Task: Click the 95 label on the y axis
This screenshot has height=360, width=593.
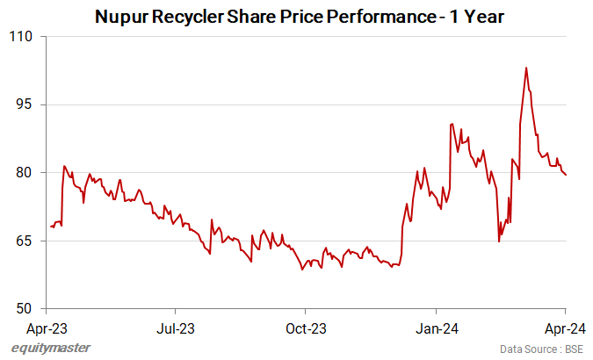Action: [24, 104]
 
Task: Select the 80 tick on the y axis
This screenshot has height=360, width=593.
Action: [24, 172]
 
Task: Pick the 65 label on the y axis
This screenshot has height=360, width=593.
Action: [24, 241]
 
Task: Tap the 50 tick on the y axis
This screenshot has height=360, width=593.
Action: [24, 308]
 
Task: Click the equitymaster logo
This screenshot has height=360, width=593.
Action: [50, 349]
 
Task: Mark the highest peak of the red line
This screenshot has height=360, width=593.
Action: [526, 68]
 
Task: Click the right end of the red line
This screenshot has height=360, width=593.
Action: [566, 175]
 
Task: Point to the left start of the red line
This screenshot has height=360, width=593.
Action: [51, 227]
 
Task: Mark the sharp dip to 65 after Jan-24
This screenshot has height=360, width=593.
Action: [499, 241]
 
